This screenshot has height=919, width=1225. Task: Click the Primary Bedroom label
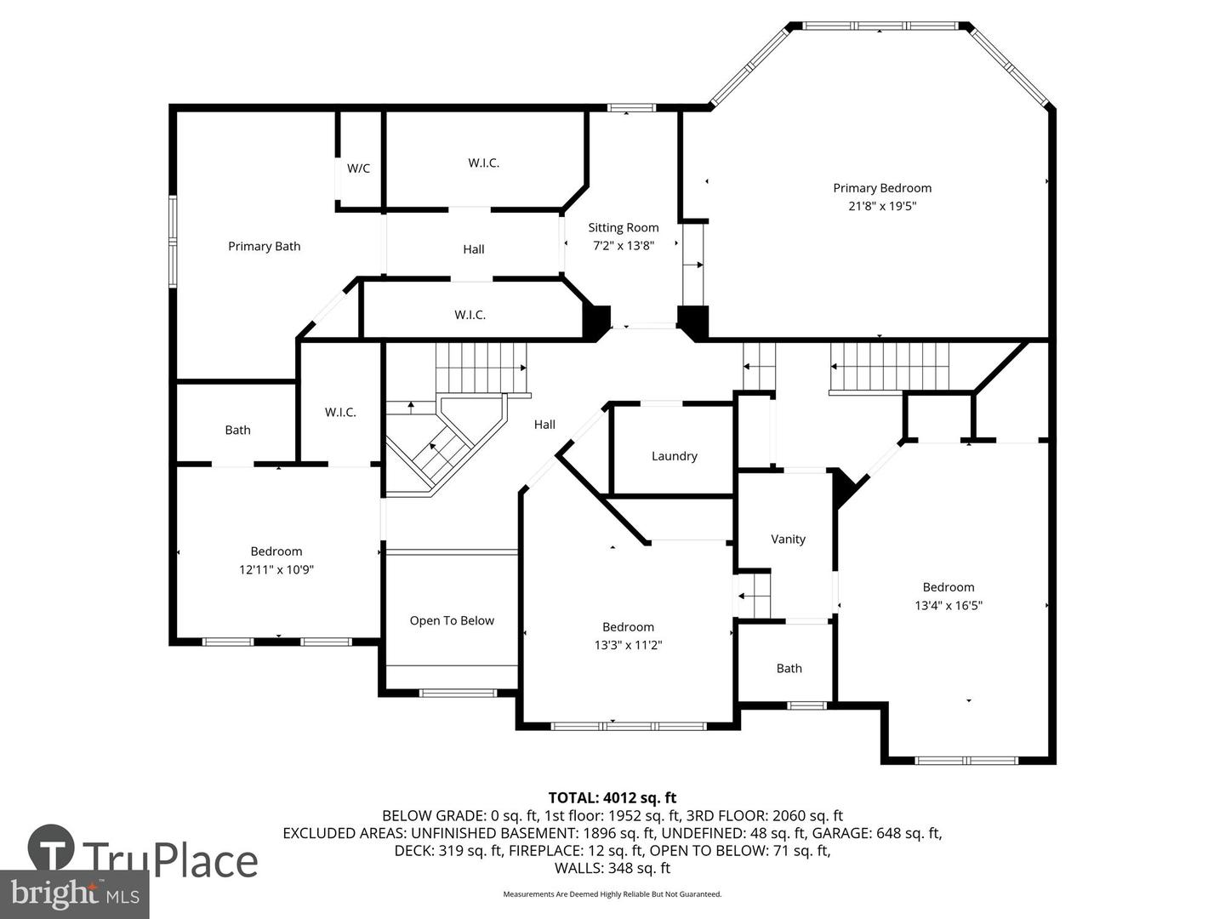(x=881, y=188)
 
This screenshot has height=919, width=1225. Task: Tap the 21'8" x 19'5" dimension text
(x=881, y=206)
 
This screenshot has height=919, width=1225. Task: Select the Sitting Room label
(x=624, y=227)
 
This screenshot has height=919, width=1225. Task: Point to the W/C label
(x=358, y=168)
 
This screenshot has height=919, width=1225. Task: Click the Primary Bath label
(x=264, y=246)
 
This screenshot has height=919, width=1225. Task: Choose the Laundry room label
(x=674, y=456)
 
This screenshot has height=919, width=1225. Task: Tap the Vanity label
(x=788, y=539)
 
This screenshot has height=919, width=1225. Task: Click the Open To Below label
(x=452, y=620)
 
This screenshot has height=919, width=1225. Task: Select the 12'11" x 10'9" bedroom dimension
(x=276, y=570)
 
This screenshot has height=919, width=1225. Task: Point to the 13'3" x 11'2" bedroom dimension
(x=628, y=645)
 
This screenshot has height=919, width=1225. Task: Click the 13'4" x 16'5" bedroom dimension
(x=949, y=605)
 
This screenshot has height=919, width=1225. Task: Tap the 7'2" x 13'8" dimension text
(x=624, y=245)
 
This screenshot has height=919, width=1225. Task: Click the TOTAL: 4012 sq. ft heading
(x=612, y=797)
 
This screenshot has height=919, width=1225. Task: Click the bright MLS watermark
(x=75, y=893)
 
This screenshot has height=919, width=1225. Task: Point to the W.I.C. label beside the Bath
(x=340, y=412)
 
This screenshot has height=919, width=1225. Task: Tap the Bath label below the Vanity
(x=789, y=668)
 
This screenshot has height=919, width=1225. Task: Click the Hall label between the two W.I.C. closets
(x=474, y=249)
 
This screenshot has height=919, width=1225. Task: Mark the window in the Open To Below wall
(x=459, y=693)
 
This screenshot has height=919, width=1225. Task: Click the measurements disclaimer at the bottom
(x=612, y=894)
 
